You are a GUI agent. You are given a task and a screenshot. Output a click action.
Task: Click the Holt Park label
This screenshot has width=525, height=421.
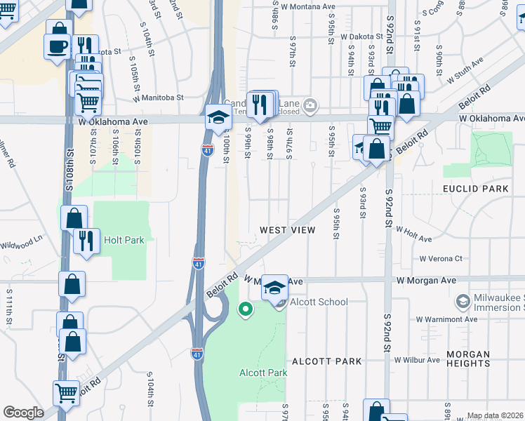124,240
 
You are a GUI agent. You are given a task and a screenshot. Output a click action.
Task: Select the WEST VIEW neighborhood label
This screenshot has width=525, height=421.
287,230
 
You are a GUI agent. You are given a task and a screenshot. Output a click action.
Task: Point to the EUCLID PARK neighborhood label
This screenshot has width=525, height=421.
475,189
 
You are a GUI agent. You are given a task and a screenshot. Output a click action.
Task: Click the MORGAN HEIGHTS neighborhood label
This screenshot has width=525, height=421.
467,359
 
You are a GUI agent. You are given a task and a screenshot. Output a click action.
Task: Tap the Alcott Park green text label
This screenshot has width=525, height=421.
263,373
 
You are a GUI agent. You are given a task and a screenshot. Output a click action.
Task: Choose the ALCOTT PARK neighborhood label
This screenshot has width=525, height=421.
326,361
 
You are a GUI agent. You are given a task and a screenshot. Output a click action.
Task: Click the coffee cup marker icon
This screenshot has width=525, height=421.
58,47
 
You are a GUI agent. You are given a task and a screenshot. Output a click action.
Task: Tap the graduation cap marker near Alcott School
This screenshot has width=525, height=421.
276,287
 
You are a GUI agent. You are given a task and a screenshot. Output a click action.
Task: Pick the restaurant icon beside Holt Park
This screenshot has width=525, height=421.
86,241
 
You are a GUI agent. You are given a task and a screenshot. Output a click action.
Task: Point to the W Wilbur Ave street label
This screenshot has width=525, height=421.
417,361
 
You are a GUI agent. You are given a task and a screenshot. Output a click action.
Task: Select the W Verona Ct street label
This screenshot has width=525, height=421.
441,259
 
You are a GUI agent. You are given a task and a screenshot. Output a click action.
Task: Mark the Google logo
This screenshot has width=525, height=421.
23,413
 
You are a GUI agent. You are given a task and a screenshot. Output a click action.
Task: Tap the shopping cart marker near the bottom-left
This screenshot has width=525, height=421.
67,394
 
